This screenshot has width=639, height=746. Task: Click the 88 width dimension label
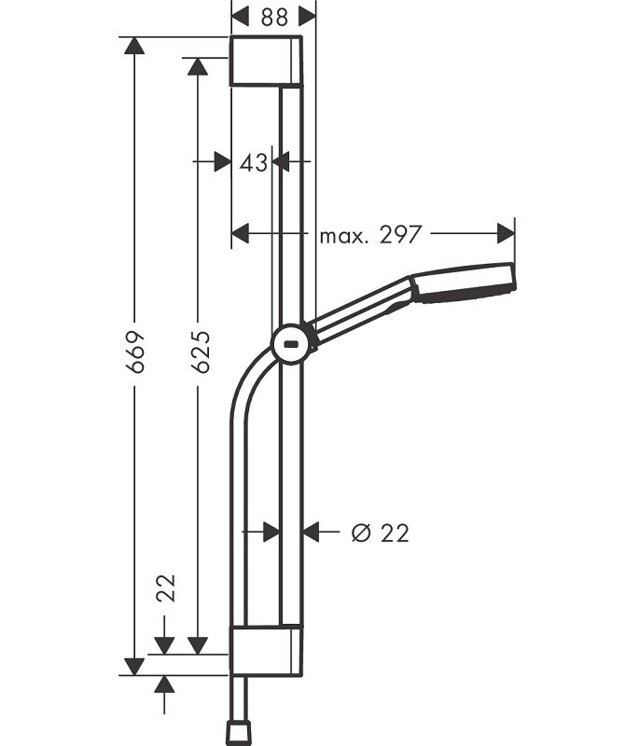point(274,18)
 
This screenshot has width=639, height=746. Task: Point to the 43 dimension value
point(254,163)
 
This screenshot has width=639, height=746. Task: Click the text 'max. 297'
point(370,235)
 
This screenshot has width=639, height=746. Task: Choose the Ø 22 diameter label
point(381,532)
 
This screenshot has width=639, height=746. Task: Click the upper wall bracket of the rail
point(266,61)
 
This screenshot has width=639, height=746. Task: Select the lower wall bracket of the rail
point(266,650)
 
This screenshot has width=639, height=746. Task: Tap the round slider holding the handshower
point(292,344)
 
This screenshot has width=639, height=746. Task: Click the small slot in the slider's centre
point(291,343)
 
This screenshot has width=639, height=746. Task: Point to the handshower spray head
point(464,283)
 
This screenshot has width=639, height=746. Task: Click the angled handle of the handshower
point(363,311)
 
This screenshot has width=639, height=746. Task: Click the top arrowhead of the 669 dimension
point(134,46)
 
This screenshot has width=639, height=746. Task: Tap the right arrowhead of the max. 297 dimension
point(506,233)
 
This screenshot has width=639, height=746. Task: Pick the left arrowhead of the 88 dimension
point(240,18)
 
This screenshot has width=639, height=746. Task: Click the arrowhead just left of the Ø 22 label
point(311,532)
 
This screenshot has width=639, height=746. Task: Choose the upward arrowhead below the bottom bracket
point(164,684)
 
